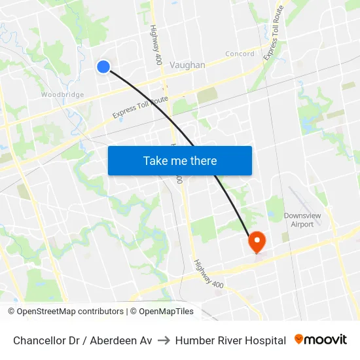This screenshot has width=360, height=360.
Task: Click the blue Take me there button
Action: click(179, 161)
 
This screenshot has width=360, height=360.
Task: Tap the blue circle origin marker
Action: click(103, 66)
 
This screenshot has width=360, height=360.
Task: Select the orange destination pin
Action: click(257, 242)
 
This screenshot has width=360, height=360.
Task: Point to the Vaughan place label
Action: click(187, 65)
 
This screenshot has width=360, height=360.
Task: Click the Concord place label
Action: click(240, 54)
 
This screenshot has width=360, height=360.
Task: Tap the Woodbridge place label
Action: click(62, 95)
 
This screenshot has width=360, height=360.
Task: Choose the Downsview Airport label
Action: click(298, 220)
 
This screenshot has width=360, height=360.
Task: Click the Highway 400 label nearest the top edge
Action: click(156, 45)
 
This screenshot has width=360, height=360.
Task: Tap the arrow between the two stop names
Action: click(164, 340)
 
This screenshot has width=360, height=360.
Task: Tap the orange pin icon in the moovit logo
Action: click(299, 339)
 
